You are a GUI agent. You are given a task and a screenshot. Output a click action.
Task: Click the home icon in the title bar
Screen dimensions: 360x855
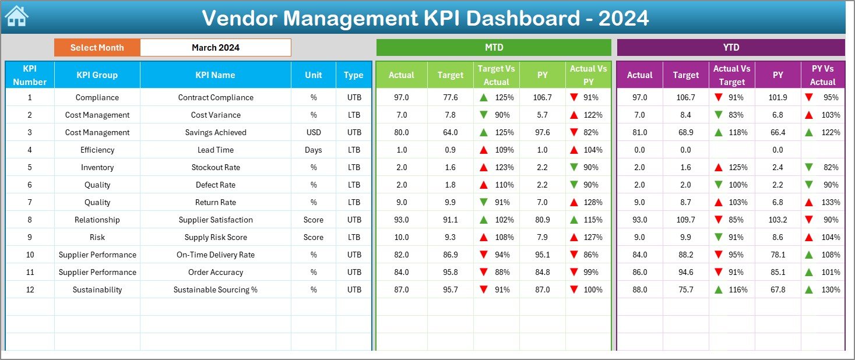(x=16, y=16)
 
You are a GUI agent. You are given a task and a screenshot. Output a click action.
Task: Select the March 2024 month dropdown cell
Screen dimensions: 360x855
(x=215, y=48)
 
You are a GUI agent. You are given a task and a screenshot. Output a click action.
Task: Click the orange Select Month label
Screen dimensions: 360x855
(x=97, y=48)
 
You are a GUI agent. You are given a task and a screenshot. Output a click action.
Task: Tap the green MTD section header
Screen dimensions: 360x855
(x=494, y=48)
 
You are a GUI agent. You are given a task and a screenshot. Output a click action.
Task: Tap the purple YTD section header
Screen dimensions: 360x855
(x=730, y=48)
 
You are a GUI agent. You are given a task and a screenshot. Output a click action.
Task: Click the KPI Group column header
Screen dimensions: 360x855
(x=97, y=75)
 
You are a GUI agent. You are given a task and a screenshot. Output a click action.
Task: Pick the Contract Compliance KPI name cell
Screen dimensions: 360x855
(x=216, y=97)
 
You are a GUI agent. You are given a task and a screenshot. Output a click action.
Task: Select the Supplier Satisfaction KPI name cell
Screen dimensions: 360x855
(x=216, y=220)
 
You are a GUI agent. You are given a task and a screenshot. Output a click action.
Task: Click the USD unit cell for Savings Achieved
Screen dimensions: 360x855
(x=314, y=132)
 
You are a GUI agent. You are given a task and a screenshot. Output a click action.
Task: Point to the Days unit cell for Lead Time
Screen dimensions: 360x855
(x=314, y=150)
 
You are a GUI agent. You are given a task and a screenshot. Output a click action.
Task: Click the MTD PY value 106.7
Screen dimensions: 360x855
(x=542, y=97)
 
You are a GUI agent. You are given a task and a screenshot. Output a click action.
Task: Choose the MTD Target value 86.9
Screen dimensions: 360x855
(x=450, y=255)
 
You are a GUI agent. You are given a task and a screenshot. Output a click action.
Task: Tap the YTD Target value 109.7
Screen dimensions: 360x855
(x=685, y=220)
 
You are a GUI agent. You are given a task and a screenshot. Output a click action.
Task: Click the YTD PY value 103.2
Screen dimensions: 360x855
(x=777, y=220)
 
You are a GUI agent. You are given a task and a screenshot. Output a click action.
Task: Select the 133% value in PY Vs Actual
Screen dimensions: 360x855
(x=831, y=202)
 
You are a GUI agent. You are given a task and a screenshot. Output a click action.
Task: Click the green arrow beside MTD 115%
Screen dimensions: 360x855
(x=574, y=220)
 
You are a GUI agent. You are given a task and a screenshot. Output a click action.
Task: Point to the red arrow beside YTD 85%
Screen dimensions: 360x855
(x=719, y=220)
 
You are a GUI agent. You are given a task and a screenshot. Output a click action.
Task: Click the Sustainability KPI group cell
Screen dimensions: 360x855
(x=97, y=290)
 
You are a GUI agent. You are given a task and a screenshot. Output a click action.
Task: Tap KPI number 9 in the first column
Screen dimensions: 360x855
(x=30, y=237)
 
